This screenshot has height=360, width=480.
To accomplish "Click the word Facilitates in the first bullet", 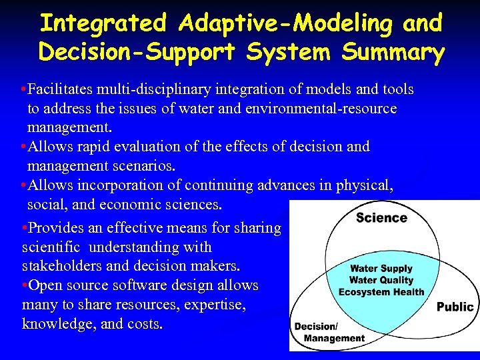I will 64,89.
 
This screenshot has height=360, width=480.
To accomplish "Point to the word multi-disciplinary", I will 157,89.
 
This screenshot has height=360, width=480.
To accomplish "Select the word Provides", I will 56,228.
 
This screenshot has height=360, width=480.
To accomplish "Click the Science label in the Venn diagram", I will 381,217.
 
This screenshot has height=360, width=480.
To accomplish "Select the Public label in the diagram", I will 455,307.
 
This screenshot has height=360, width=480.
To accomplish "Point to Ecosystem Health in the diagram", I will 381,292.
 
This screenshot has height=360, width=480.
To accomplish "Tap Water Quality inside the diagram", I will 381,281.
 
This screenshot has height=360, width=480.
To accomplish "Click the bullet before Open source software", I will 25,285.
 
